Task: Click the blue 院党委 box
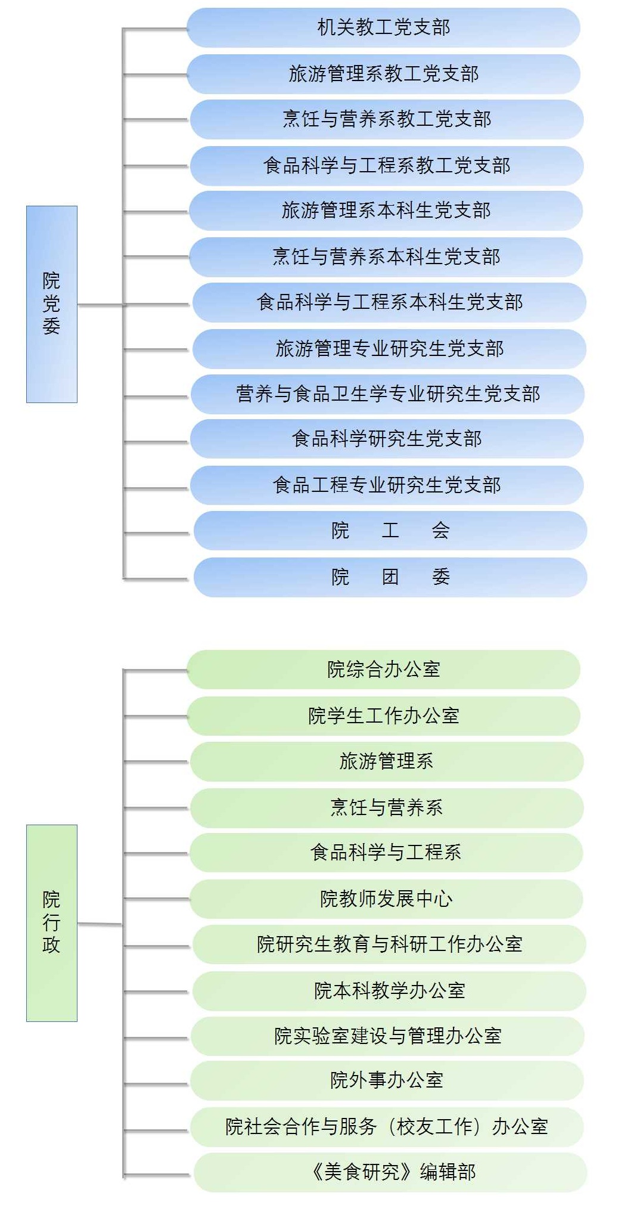(x=52, y=304)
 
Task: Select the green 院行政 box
(x=52, y=922)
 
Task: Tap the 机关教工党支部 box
(x=383, y=27)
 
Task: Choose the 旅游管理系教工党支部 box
(x=383, y=74)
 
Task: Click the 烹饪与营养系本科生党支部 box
(x=386, y=257)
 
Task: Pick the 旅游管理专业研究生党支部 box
(x=389, y=349)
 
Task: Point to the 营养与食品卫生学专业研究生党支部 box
(x=387, y=394)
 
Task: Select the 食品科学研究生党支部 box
(x=386, y=439)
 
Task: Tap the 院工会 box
(x=390, y=531)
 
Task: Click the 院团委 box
(x=390, y=577)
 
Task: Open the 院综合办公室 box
(x=383, y=670)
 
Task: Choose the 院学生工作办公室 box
(x=383, y=715)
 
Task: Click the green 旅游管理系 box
(x=386, y=761)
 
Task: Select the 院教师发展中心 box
(x=386, y=899)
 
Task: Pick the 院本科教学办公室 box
(x=389, y=990)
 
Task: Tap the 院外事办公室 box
(x=386, y=1080)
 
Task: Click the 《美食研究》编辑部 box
(x=390, y=1172)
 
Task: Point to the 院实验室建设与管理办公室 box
(x=387, y=1036)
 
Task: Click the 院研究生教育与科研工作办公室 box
(x=389, y=944)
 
